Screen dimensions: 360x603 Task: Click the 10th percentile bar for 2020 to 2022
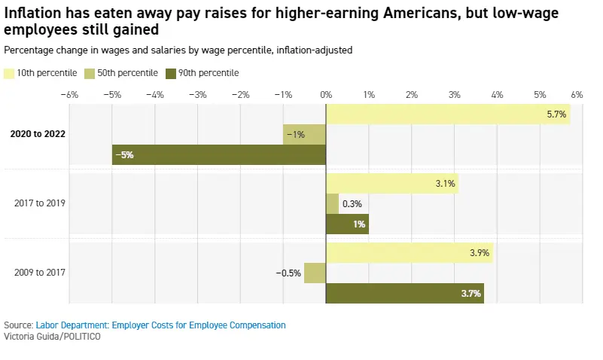tap(448, 114)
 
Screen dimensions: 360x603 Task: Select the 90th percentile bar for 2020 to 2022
tap(219, 154)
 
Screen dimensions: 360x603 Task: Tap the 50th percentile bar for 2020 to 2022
tap(305, 134)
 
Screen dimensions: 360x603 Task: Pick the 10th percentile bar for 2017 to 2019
tap(392, 183)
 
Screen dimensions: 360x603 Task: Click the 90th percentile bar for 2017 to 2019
tap(347, 224)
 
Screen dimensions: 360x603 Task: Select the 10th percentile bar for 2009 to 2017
tap(410, 253)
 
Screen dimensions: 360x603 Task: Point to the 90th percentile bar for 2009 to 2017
tap(405, 293)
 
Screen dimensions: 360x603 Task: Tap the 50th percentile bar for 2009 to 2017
tap(315, 273)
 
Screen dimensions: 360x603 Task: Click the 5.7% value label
tap(556, 114)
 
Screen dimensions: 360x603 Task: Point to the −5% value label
tap(124, 154)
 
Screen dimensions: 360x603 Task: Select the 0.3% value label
tap(352, 203)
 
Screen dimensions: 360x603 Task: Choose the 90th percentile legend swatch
tap(171, 73)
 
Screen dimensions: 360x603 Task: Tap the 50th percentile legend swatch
tap(90, 73)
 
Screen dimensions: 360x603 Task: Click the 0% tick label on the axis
tap(326, 95)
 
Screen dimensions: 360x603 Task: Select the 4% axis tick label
tap(497, 95)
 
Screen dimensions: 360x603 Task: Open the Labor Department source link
tap(160, 325)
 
